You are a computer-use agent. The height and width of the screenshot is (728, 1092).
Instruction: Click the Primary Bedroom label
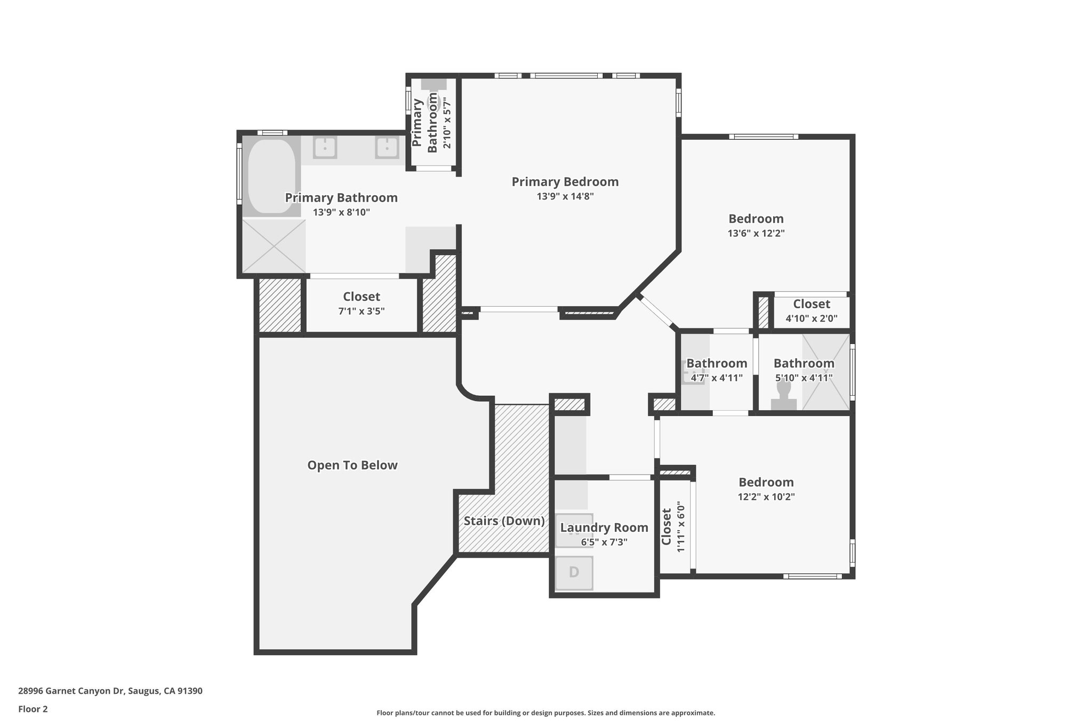(x=565, y=182)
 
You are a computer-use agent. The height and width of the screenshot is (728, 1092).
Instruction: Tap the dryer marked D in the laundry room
(x=574, y=572)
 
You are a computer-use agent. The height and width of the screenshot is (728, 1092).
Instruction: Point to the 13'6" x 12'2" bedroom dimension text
(x=756, y=233)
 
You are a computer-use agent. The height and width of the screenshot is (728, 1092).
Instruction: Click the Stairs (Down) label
(x=504, y=521)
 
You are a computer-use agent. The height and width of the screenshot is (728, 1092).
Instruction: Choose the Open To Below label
(x=352, y=465)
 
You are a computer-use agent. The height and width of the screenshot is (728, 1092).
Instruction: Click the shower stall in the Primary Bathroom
(x=274, y=246)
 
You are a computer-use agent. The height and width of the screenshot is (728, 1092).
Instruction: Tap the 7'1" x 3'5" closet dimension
(x=361, y=311)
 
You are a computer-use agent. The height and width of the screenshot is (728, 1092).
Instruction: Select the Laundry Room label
(x=604, y=527)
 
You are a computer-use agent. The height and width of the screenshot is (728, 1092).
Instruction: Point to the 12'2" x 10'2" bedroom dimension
(x=766, y=497)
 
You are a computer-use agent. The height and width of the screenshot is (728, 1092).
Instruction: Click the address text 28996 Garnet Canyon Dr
(x=110, y=691)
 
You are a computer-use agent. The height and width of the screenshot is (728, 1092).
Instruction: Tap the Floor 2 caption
(x=33, y=709)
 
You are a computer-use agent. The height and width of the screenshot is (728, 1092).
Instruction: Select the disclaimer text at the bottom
(x=545, y=713)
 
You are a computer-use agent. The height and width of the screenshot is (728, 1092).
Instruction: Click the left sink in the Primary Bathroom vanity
(x=324, y=148)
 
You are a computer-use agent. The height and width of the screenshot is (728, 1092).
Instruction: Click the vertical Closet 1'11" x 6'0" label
(x=672, y=527)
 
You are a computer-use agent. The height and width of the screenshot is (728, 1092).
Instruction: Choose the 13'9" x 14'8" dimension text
(x=565, y=196)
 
